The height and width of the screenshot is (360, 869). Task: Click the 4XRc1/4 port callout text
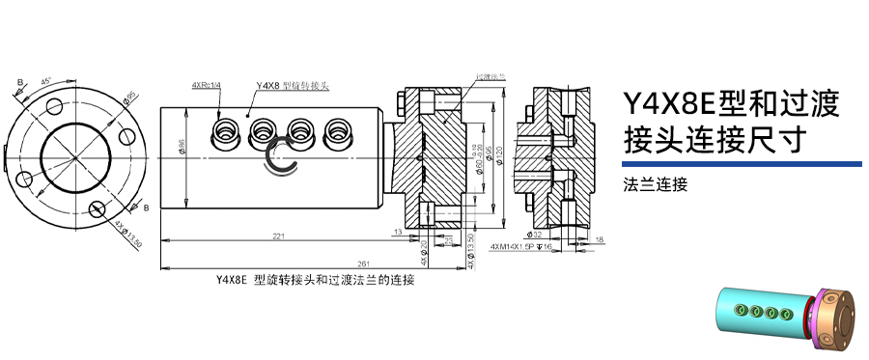pyautogui.click(x=207, y=86)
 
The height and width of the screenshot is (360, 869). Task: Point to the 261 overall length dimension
pyautogui.click(x=363, y=263)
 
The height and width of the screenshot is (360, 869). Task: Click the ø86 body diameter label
pyautogui.click(x=182, y=147)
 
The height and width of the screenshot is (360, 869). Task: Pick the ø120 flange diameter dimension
pyautogui.click(x=502, y=154)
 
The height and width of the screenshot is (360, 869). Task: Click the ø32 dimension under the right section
pyautogui.click(x=537, y=235)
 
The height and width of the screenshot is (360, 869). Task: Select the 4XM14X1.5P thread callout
pyautogui.click(x=520, y=247)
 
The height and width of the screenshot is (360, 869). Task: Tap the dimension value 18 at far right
pyautogui.click(x=600, y=238)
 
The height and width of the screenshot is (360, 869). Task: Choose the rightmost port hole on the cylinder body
pyautogui.click(x=337, y=130)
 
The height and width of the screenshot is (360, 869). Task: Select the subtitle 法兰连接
pyautogui.click(x=656, y=183)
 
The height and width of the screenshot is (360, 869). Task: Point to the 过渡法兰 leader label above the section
pyautogui.click(x=491, y=75)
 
